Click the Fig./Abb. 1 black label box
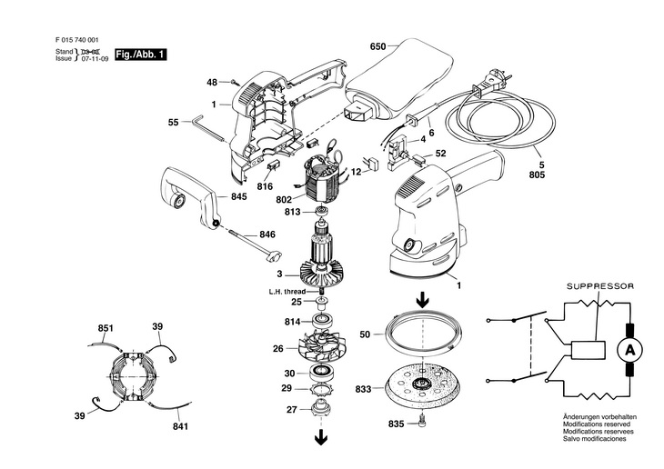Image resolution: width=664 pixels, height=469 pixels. click(141, 55)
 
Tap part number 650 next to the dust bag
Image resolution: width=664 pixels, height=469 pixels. click(377, 46)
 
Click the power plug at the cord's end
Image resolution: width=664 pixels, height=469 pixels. click(490, 84)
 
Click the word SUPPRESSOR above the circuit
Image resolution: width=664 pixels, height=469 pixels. click(600, 286)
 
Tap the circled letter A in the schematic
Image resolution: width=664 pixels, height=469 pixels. click(629, 350)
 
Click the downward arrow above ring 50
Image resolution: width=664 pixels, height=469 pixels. click(422, 301)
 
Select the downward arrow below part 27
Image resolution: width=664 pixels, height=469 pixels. click(321, 437)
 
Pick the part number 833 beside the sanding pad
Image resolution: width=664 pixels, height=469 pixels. click(363, 389)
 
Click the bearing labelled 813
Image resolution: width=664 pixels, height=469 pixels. click(322, 211)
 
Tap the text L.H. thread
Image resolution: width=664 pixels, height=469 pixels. click(287, 292)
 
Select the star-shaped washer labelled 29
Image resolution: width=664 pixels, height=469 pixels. click(322, 389)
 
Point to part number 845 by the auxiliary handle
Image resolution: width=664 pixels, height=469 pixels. click(239, 197)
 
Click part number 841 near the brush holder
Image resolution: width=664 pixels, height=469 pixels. click(180, 426)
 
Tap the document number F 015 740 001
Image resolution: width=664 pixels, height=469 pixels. click(76, 40)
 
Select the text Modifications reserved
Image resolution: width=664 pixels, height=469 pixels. click(597, 424)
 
